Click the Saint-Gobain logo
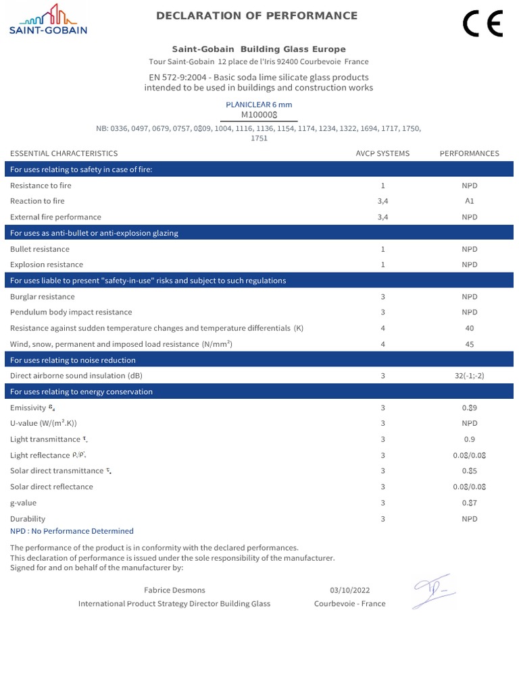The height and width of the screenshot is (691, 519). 47,20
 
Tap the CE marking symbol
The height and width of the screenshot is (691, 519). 483,24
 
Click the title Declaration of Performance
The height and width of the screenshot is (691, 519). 257,16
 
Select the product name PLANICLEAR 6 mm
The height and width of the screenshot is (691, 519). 259,105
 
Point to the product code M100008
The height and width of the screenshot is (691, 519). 259,115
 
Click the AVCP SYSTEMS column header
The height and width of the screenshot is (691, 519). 382,153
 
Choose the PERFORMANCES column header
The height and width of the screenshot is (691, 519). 469,153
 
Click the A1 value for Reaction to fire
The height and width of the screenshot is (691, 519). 469,201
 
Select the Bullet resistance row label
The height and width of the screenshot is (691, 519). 40,249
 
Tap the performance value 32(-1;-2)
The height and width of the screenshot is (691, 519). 469,376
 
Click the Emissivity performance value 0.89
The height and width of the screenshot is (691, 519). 469,408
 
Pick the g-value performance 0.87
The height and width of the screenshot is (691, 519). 469,503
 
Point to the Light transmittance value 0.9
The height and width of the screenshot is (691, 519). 469,439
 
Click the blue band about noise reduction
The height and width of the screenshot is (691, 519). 259,360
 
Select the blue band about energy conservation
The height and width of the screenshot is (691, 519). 259,392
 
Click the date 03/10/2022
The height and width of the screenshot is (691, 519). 349,590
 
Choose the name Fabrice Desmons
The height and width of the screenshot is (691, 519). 174,590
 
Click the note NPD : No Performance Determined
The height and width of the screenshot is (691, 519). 72,531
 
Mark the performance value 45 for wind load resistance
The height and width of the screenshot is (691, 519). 469,344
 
